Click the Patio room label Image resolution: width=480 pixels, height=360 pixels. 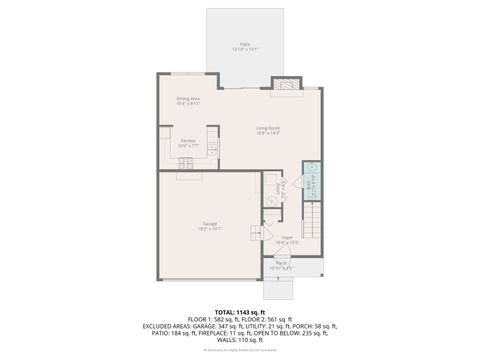click(x=238, y=46)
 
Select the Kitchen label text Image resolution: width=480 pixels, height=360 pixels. click(x=187, y=143)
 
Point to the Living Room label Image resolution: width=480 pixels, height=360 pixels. click(x=267, y=129)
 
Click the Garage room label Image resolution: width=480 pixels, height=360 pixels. click(x=210, y=225)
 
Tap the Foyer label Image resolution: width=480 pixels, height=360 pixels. click(x=286, y=240)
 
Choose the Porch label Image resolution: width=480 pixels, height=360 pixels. click(x=281, y=266)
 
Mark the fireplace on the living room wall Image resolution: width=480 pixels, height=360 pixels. click(x=287, y=89)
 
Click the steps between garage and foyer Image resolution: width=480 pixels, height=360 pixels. click(x=256, y=235)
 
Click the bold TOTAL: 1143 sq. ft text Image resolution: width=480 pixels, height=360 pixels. click(x=240, y=312)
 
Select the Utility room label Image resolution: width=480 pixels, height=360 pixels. click(x=271, y=186)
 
